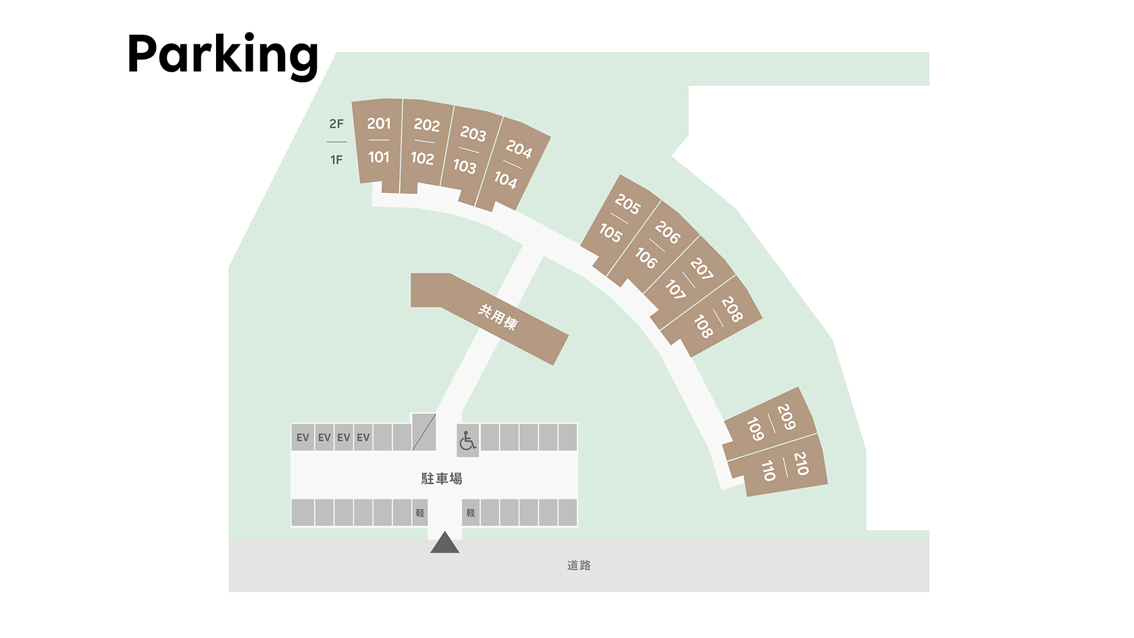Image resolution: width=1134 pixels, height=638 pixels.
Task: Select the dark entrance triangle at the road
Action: click(445, 542)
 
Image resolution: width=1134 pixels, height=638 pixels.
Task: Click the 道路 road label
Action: click(579, 565)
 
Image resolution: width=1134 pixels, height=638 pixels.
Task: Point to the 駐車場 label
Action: click(442, 479)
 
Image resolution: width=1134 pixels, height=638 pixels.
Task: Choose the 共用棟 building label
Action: click(498, 317)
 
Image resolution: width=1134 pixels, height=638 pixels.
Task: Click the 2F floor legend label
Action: click(336, 124)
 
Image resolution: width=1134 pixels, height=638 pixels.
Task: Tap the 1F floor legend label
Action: click(336, 160)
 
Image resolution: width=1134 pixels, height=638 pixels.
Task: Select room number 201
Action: click(379, 123)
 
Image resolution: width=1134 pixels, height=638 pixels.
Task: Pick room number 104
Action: click(505, 180)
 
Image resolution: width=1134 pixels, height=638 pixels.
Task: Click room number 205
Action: click(627, 204)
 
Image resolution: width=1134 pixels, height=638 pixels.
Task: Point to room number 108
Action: click(703, 326)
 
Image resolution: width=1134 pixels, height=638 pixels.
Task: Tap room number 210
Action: click(801, 463)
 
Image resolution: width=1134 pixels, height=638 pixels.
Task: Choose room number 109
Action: click(755, 429)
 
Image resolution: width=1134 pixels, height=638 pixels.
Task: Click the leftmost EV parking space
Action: click(303, 437)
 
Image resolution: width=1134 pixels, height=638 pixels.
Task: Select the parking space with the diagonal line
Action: click(424, 432)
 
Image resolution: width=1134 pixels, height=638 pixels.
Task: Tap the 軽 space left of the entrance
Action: click(420, 513)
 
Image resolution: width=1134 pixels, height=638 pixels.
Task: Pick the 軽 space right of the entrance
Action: click(471, 513)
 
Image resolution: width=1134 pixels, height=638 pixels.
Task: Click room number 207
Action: click(701, 269)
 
